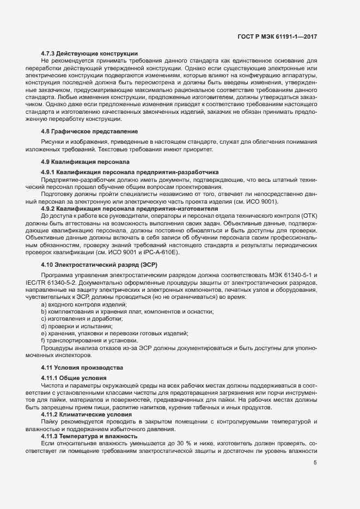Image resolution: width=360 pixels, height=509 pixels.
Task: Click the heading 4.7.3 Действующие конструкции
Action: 89,53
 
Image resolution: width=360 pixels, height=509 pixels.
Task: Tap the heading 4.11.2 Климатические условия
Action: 83,414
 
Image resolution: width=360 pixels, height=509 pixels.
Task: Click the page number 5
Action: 315,463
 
